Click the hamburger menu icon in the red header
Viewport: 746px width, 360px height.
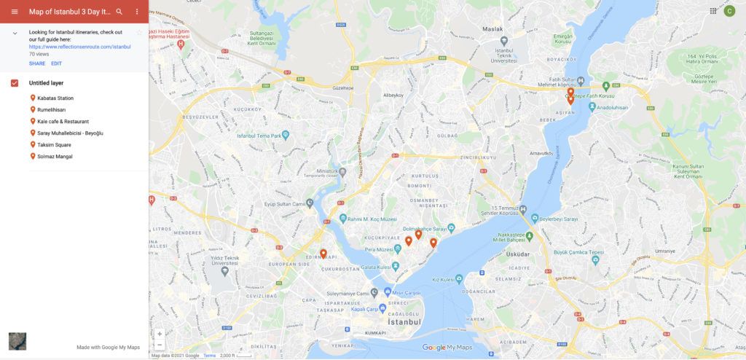[15, 12]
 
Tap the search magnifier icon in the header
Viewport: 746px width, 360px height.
[119, 12]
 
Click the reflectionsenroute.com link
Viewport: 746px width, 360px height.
[79, 46]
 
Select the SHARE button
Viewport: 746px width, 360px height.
[37, 63]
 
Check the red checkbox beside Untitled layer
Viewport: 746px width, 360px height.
[15, 83]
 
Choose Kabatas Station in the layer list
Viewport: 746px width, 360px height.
[55, 98]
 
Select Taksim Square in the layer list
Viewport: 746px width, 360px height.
[54, 145]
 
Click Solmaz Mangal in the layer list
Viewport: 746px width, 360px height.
[55, 157]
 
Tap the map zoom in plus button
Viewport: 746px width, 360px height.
[160, 334]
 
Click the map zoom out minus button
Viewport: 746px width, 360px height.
[160, 345]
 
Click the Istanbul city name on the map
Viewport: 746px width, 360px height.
[404, 322]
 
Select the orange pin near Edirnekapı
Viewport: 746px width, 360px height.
[323, 254]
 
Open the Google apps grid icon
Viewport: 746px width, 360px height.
[712, 11]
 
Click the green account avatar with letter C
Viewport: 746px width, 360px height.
[729, 11]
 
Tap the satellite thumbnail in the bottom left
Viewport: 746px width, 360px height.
[17, 341]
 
